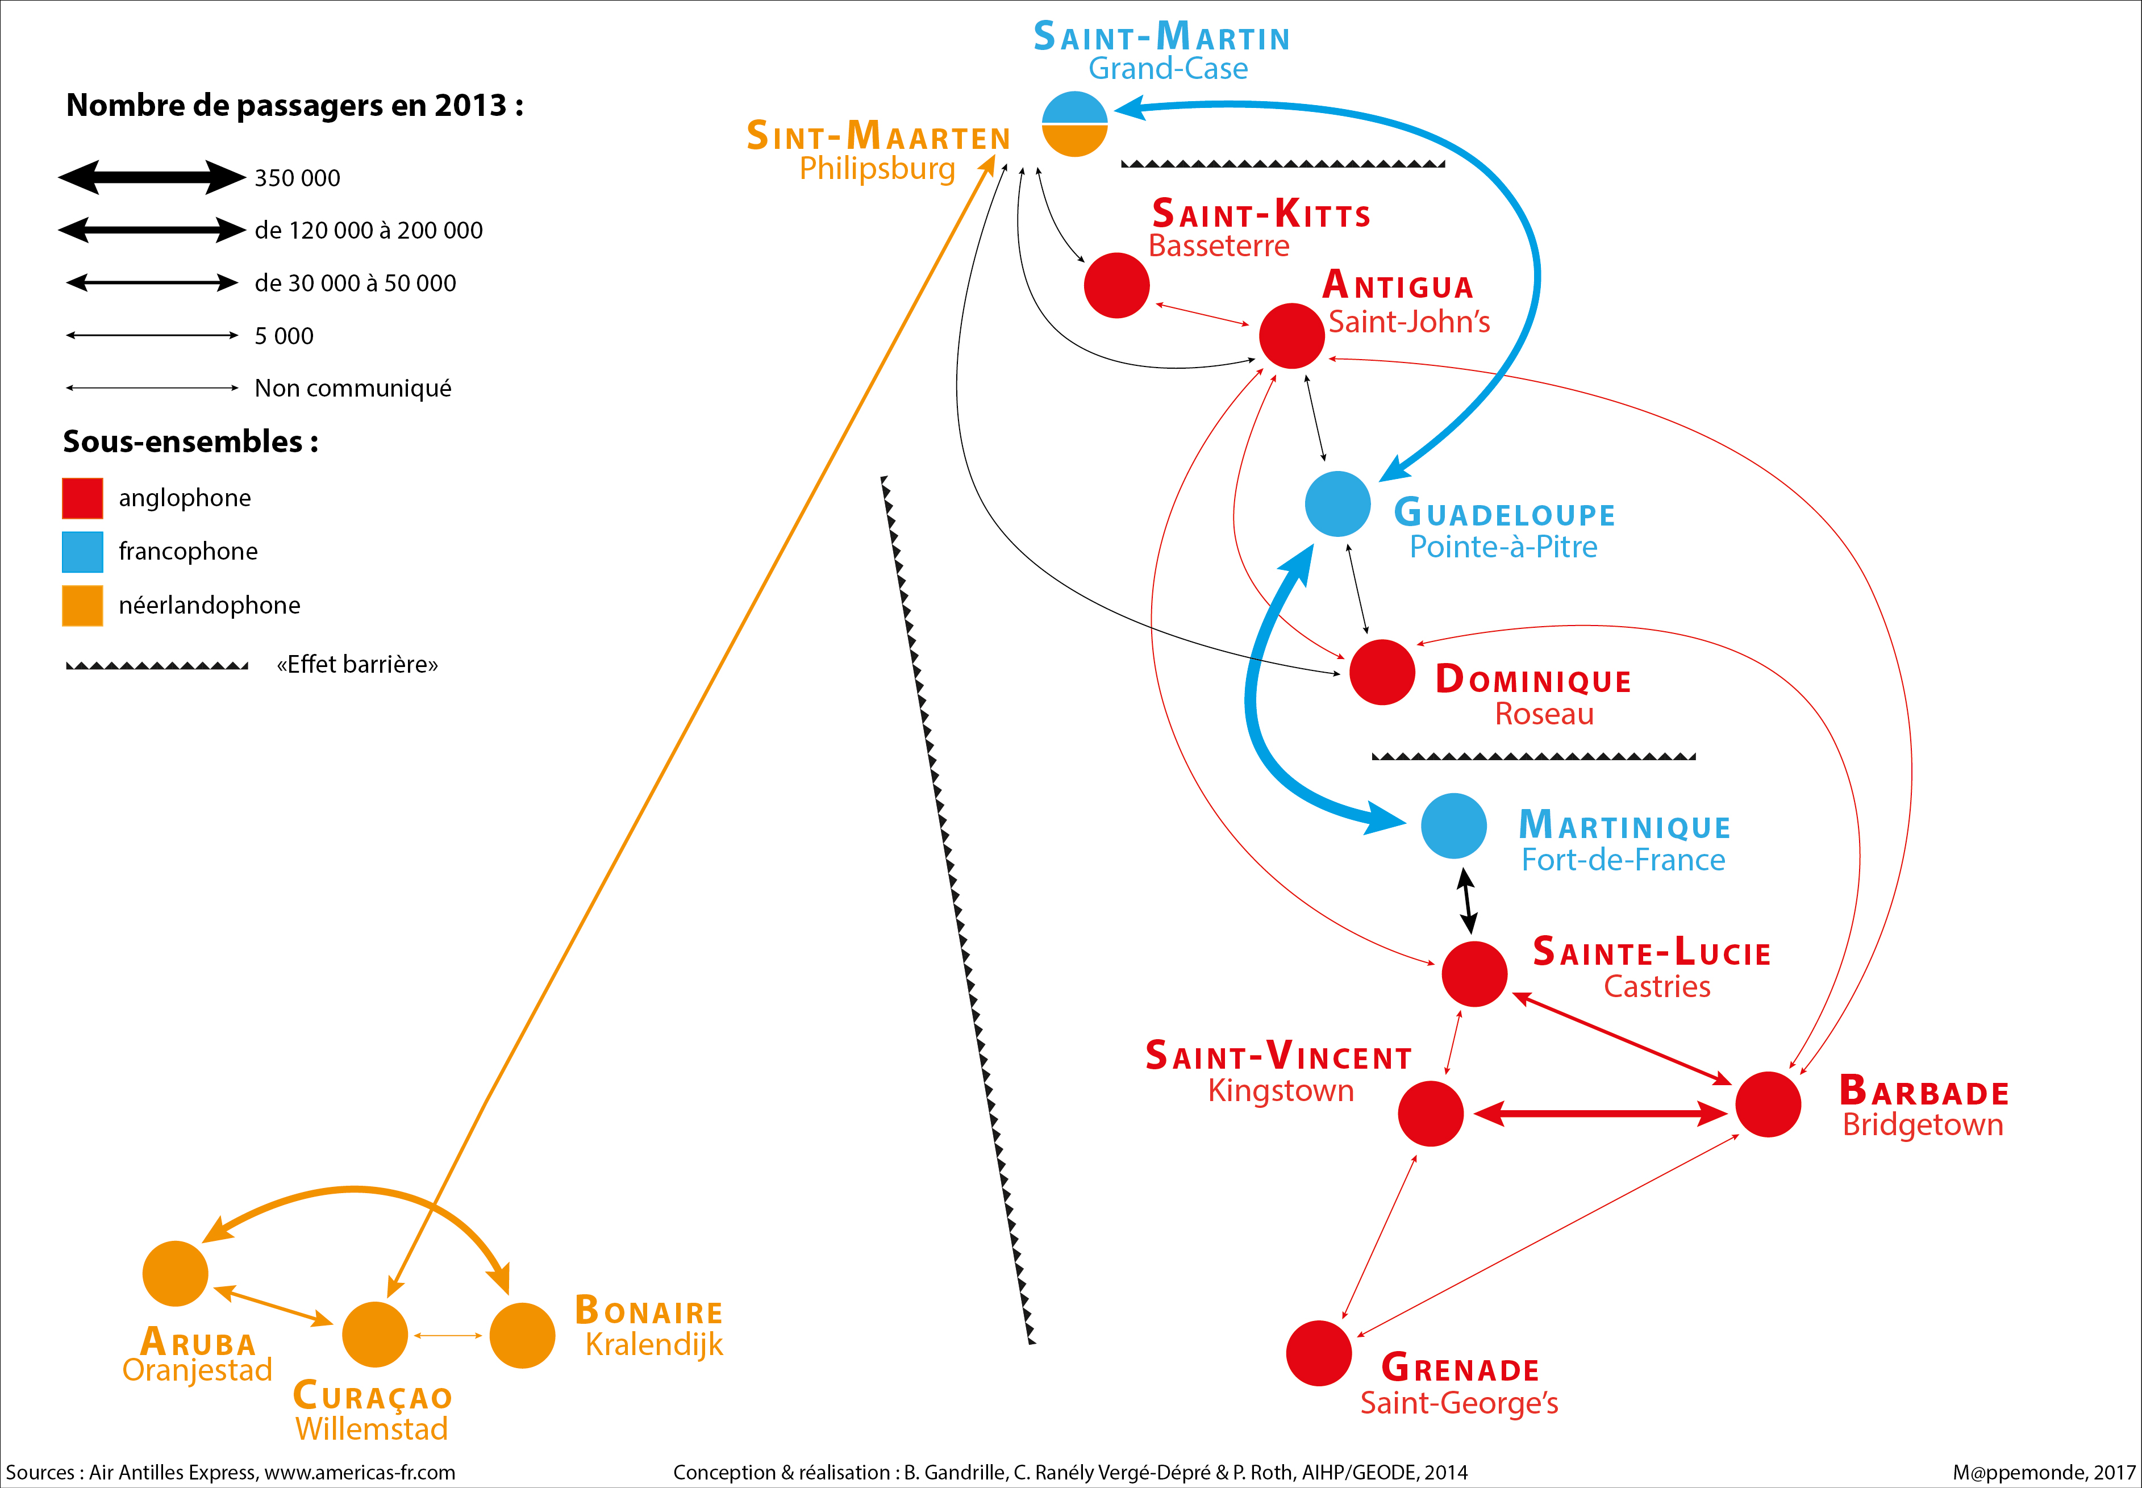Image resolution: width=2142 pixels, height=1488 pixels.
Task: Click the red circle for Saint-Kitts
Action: pos(1116,285)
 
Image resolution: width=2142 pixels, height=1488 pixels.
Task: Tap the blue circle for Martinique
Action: pos(1453,825)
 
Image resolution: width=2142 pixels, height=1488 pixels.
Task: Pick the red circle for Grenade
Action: pos(1318,1353)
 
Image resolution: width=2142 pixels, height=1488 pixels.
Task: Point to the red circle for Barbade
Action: pos(1767,1104)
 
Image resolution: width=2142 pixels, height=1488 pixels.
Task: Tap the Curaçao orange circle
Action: pos(375,1334)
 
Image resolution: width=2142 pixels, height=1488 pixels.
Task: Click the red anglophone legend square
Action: pos(82,498)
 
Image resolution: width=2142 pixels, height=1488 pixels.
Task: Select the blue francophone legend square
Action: pos(82,551)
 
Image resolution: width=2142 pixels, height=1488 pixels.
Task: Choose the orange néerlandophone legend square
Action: pos(82,605)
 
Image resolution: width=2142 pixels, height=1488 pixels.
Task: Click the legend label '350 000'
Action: pos(297,178)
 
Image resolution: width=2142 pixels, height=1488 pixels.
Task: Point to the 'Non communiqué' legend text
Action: pos(352,388)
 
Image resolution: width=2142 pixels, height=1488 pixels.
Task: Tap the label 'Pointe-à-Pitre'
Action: pos(1503,547)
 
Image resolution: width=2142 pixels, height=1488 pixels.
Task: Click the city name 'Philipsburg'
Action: pos(877,169)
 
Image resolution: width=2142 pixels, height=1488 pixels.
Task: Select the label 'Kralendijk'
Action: pos(653,1344)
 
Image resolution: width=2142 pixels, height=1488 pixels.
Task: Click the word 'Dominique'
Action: pos(1533,680)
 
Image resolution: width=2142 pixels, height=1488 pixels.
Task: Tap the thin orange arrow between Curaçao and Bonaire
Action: pos(448,1335)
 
